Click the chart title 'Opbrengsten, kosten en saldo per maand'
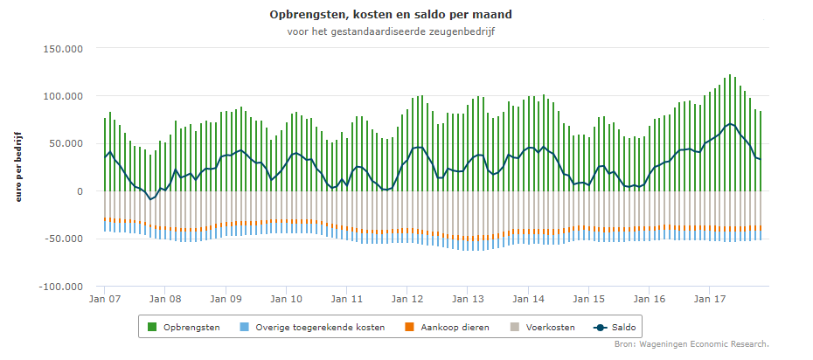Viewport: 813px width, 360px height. (x=391, y=15)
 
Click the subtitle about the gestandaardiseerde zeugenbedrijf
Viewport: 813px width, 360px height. (x=391, y=31)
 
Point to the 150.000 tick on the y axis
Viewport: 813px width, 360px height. (x=63, y=49)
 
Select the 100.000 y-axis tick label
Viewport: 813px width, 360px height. (x=63, y=96)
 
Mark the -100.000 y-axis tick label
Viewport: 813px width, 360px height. (x=61, y=287)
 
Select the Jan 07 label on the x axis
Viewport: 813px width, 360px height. (x=104, y=300)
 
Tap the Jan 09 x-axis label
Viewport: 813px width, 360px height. (x=226, y=300)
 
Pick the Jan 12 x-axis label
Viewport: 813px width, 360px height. (x=407, y=300)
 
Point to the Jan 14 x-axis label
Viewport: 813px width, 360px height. (x=529, y=300)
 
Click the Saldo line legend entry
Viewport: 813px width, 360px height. (x=615, y=328)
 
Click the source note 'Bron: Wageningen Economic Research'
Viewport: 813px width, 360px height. (x=691, y=344)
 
